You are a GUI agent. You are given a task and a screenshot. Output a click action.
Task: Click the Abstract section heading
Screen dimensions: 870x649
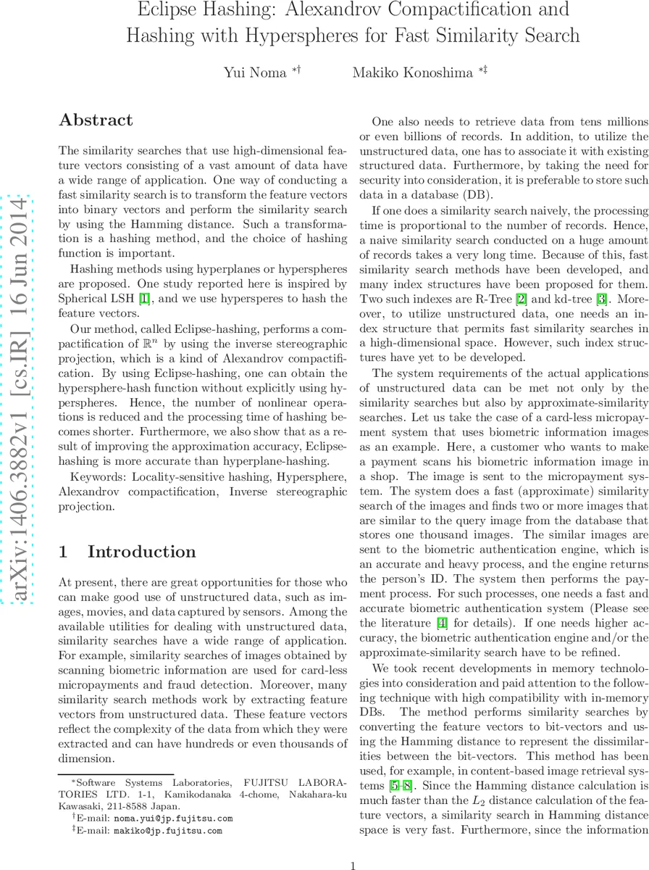pos(96,120)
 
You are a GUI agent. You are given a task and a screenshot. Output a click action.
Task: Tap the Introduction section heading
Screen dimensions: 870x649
pos(142,531)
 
